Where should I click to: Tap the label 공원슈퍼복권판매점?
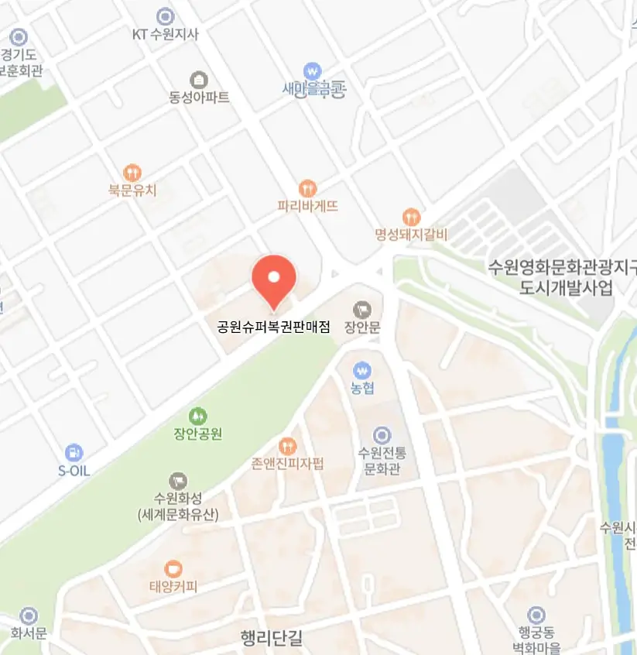click(x=274, y=327)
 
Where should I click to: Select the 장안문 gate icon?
click(x=362, y=310)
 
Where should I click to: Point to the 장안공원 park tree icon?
click(x=198, y=416)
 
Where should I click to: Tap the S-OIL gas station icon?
click(x=74, y=453)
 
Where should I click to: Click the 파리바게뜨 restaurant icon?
click(x=308, y=188)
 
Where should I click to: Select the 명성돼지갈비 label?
click(x=411, y=234)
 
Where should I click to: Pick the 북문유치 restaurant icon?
click(x=132, y=172)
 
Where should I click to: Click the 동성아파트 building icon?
click(x=199, y=80)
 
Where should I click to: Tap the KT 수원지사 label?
click(x=165, y=34)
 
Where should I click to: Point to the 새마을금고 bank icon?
click(x=313, y=70)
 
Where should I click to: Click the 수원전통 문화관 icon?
click(x=382, y=435)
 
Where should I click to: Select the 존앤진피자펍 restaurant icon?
click(x=288, y=445)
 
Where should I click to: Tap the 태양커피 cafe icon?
click(x=173, y=569)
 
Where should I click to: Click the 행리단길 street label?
click(x=272, y=639)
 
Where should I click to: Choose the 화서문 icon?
click(x=29, y=616)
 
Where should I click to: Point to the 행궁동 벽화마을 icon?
click(x=536, y=616)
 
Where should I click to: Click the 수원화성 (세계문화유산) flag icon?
click(x=177, y=480)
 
